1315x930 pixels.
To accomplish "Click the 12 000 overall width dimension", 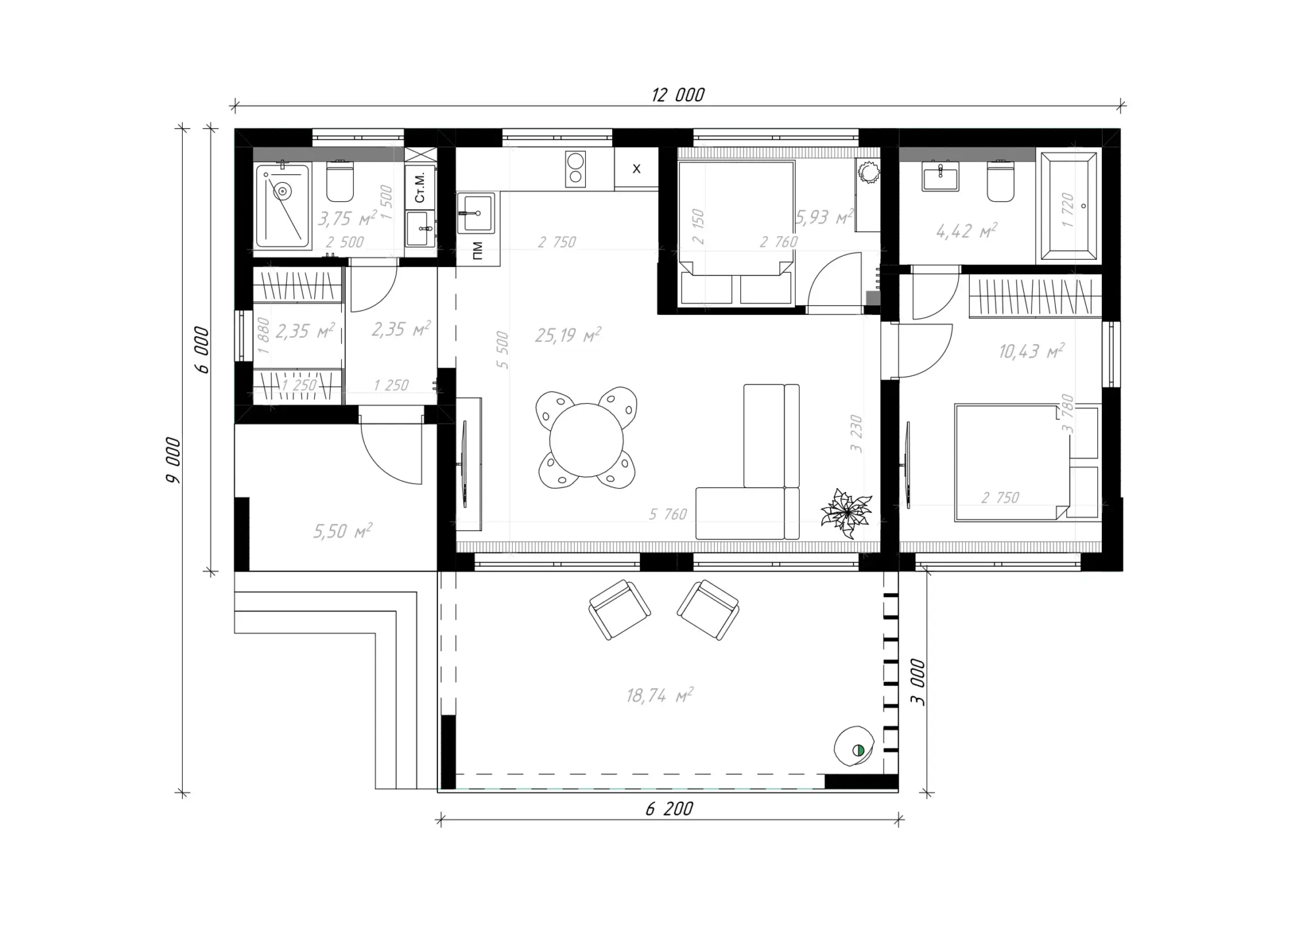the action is pos(678,95).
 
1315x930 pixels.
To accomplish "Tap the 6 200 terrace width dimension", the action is pos(669,809).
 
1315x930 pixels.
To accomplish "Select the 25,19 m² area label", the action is pos(567,335).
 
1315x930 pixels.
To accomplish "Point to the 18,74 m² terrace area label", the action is pos(659,695).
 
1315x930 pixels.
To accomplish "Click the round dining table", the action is pos(586,440).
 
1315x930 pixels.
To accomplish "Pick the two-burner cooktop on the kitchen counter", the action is pos(575,169).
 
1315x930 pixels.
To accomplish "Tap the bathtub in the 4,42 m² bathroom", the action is pos(1066,206).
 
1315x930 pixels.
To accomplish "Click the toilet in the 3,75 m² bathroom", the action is pos(340,181).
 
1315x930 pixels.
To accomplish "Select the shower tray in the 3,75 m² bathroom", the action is pos(283,206).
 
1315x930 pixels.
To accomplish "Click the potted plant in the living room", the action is pos(846,512).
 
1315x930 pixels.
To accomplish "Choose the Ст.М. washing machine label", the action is pos(420,187).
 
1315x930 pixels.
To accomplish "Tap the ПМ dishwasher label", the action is pos(477,251).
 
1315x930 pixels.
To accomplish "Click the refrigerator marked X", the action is pos(636,169).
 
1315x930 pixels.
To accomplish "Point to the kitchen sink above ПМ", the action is pos(475,212).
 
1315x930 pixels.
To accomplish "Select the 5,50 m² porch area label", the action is pos(343,531).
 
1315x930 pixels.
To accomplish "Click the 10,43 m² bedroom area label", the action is pos(1031,351).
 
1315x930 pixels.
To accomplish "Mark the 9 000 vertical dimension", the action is pos(173,460).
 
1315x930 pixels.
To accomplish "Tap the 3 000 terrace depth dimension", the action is pos(918,683).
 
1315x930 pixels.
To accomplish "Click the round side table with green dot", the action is pos(853,746).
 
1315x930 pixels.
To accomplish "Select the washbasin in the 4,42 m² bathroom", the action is pos(941,176).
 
